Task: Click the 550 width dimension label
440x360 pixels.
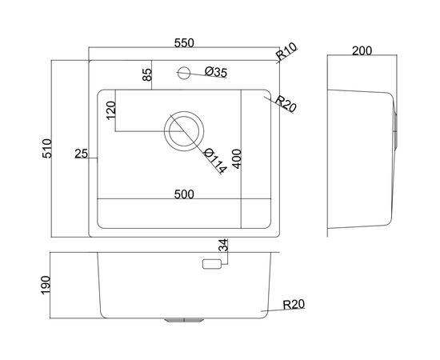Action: [184, 43]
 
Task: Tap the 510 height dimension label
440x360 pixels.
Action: [47, 149]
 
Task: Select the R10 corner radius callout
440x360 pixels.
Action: [286, 51]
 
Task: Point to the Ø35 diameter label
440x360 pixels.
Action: [215, 72]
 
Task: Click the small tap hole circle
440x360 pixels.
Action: [184, 73]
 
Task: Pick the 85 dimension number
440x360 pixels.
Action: [146, 74]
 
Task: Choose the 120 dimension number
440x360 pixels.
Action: [111, 110]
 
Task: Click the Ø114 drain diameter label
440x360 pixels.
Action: [214, 161]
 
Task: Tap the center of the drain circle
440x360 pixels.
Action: [184, 131]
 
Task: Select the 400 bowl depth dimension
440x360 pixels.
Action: [237, 159]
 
